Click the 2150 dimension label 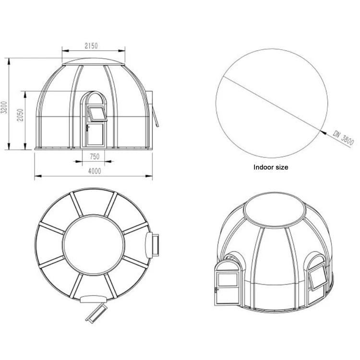pyautogui.click(x=91, y=46)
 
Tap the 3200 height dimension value pyautogui.click(x=5, y=107)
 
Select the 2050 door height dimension pyautogui.click(x=21, y=115)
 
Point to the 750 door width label pyautogui.click(x=95, y=156)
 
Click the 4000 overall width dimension pyautogui.click(x=95, y=171)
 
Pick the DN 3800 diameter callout pyautogui.click(x=344, y=138)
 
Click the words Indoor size pyautogui.click(x=271, y=167)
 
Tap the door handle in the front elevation pyautogui.click(x=87, y=128)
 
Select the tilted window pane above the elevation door pyautogui.click(x=97, y=114)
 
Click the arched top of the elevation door pyautogui.click(x=94, y=92)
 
